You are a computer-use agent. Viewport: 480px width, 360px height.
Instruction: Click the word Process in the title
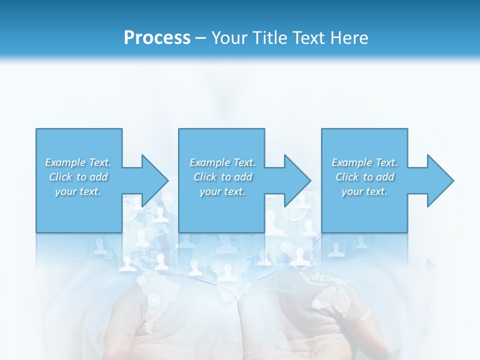click(157, 38)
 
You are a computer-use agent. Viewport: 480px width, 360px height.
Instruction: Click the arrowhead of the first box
click(153, 180)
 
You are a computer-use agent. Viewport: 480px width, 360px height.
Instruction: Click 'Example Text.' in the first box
click(78, 162)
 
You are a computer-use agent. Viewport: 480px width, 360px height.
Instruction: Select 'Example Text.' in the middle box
click(222, 162)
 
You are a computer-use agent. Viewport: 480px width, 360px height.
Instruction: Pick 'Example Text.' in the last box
click(364, 162)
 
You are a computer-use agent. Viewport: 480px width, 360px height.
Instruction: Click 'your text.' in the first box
click(78, 191)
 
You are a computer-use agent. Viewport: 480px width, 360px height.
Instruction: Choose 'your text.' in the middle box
click(222, 191)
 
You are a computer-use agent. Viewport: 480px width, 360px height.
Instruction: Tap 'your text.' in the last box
click(364, 191)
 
